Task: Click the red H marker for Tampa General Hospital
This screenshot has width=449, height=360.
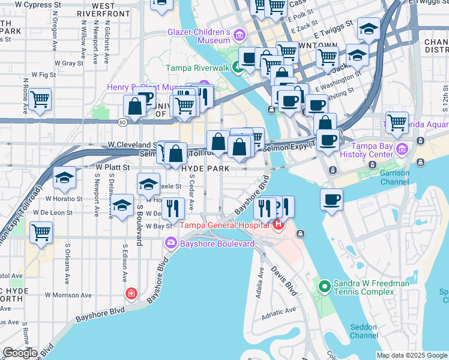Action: [277, 225]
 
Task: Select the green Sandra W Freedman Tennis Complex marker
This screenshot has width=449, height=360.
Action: [325, 287]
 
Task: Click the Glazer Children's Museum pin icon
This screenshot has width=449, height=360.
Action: [239, 35]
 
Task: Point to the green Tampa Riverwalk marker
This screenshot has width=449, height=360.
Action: [238, 68]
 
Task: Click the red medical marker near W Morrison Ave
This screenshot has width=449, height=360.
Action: [131, 293]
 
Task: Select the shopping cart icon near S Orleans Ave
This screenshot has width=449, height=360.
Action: [41, 232]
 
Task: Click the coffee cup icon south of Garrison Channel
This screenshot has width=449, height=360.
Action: [331, 199]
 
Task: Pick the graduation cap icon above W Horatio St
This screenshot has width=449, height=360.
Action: [64, 178]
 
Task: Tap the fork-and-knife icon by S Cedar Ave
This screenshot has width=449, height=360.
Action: [173, 208]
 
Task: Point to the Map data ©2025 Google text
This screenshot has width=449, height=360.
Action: [412, 355]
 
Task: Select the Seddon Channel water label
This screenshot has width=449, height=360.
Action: [364, 331]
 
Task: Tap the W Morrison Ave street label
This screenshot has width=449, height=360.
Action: [68, 295]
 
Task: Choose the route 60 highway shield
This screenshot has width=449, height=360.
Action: [122, 122]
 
